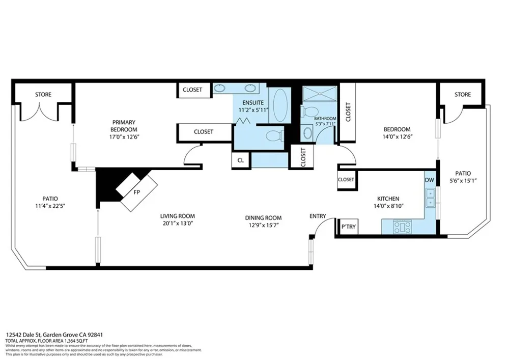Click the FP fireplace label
pos(136,192)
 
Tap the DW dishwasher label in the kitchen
pos(429,180)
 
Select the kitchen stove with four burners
pos(402,227)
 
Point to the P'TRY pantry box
pos(348,227)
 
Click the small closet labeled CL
pos(241,160)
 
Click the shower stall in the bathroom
pos(320,94)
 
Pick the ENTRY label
pos(318,216)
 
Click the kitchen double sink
pos(431,198)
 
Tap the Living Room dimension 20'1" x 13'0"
pos(178,224)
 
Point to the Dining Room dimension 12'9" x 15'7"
pos(263,225)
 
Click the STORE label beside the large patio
pos(43,95)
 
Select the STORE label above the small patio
pos(463,95)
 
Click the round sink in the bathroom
pos(307,132)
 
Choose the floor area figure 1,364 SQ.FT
pos(76,341)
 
